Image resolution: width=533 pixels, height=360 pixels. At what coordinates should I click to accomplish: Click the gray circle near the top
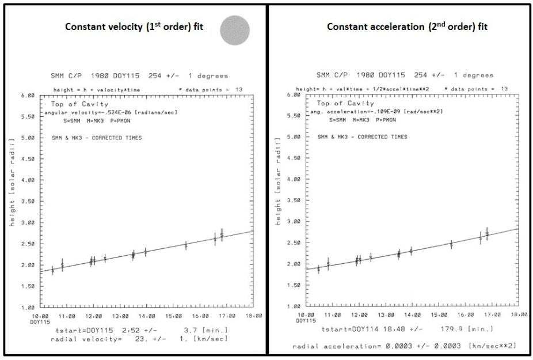(235, 30)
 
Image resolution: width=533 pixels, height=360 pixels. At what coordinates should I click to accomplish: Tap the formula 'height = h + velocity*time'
(89, 90)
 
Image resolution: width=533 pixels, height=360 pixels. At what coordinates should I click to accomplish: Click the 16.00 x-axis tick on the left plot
(201, 316)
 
